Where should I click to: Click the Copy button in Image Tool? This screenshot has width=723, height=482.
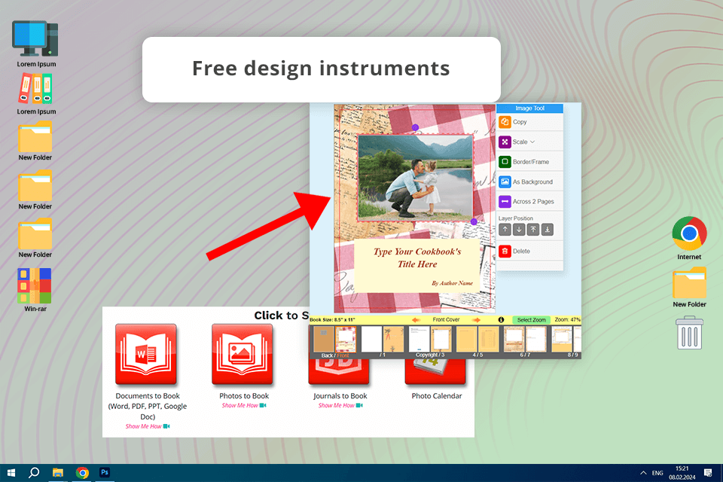point(520,121)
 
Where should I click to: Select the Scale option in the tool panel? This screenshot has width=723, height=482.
point(520,142)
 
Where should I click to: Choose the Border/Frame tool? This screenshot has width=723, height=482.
point(530,162)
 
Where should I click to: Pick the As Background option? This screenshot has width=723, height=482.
point(532,182)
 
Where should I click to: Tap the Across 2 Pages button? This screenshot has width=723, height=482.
point(532,202)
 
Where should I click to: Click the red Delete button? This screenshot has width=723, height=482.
point(520,251)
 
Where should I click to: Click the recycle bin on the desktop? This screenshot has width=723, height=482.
point(689,332)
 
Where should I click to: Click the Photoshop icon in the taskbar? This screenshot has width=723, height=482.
point(105,472)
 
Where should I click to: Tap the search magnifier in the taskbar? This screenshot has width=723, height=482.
point(34,472)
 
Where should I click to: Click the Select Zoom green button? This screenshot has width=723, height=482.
point(531,320)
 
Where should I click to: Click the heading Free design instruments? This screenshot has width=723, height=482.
point(321,69)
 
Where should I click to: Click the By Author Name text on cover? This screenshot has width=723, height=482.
point(452,283)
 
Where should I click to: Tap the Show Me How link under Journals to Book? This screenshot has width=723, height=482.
point(340,405)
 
